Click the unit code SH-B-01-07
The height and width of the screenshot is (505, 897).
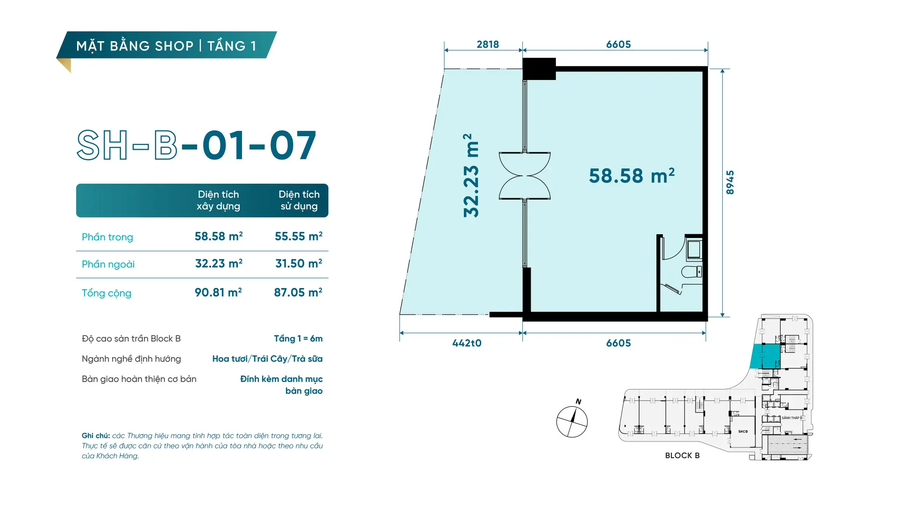[197, 145]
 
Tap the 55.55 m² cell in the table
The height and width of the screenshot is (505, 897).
[299, 236]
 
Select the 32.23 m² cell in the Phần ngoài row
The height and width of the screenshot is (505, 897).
[219, 263]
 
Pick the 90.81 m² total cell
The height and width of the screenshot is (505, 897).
[218, 292]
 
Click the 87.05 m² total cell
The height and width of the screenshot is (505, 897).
[298, 292]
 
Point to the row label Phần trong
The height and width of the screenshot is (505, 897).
[107, 237]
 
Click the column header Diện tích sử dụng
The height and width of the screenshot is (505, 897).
[299, 200]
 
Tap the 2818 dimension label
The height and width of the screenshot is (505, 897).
[488, 44]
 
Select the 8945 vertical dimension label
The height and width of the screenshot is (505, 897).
[730, 182]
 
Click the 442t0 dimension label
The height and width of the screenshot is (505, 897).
[467, 343]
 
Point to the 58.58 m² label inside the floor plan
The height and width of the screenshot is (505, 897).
[632, 176]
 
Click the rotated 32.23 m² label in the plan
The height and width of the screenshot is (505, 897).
[471, 175]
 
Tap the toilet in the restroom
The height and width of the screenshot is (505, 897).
[691, 272]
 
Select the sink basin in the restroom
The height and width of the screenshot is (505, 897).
[694, 249]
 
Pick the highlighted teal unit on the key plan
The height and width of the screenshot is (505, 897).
[765, 356]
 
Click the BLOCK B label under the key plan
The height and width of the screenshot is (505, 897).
[682, 455]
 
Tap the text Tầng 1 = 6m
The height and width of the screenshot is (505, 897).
[298, 339]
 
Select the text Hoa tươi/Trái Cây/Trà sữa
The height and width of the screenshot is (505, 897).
[267, 359]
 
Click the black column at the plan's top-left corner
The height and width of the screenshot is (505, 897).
[539, 69]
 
